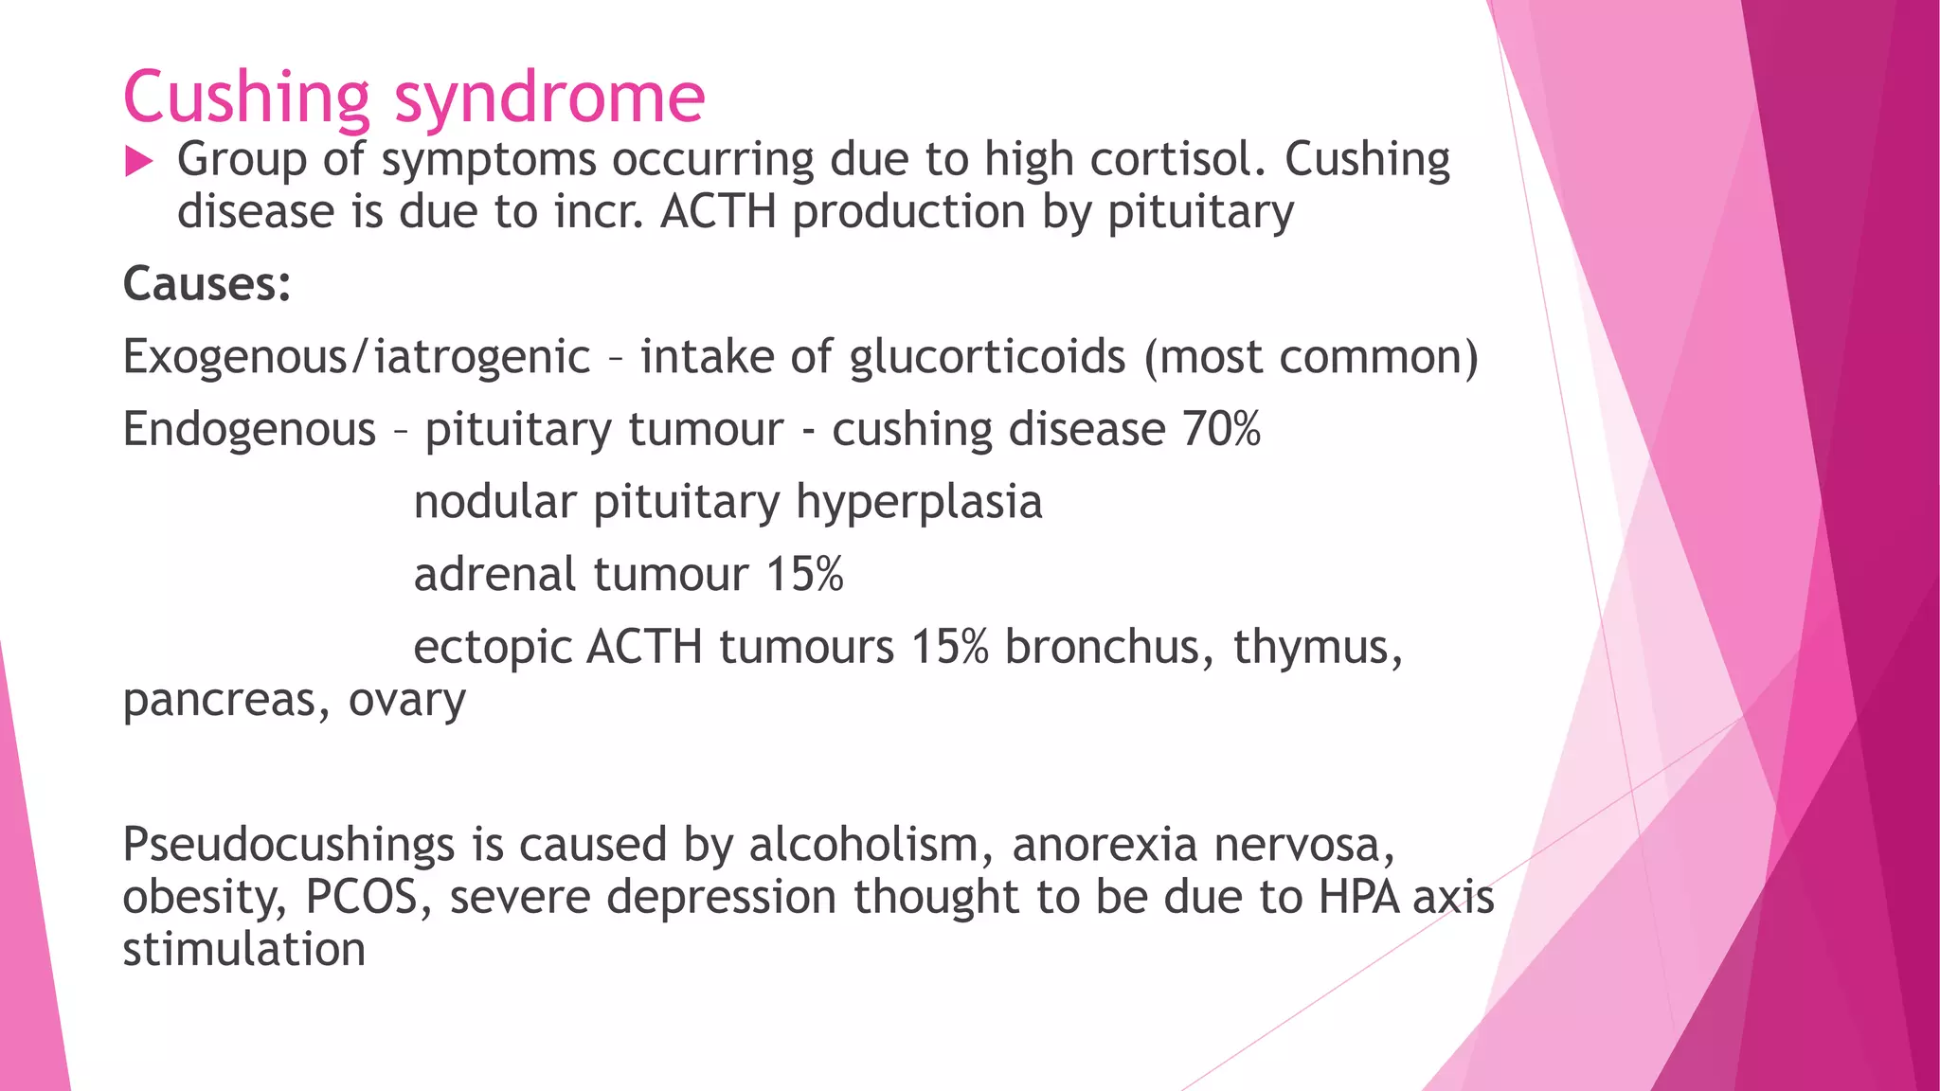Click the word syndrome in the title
point(549,98)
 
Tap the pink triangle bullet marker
point(138,162)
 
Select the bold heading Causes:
point(207,283)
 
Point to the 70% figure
point(1221,429)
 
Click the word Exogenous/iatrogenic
point(356,357)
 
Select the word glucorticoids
point(987,357)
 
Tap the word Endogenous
point(249,429)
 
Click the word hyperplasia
point(919,502)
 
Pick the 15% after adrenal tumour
point(804,575)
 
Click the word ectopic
point(493,648)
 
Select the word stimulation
point(244,949)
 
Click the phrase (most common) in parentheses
point(1311,357)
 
